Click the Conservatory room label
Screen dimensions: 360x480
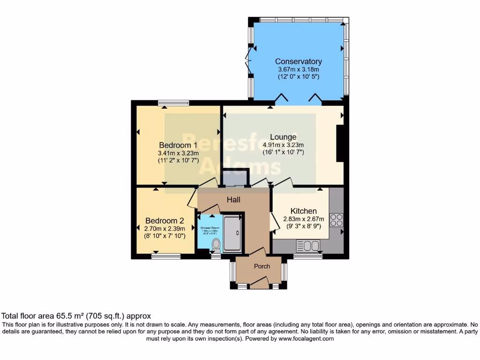click(x=298, y=61)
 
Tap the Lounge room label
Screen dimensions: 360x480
click(x=283, y=137)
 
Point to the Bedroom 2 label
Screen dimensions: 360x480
click(x=165, y=221)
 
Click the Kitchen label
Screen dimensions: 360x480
click(x=303, y=211)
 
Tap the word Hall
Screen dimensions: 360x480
click(x=233, y=200)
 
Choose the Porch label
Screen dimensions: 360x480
click(x=262, y=266)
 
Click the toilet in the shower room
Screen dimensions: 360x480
click(x=216, y=245)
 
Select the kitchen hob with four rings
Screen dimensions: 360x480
click(x=337, y=220)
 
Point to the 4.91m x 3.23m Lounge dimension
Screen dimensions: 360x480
click(x=283, y=145)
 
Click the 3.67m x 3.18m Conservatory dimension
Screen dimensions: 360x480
click(x=298, y=69)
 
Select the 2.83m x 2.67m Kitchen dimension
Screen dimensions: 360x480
click(x=303, y=219)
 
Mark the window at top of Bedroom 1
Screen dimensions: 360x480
click(x=173, y=103)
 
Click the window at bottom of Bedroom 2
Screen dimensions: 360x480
click(x=166, y=256)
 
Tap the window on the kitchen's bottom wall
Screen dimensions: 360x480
click(x=307, y=256)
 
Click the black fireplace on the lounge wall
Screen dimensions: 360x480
click(x=340, y=143)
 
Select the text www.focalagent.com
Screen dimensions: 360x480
click(x=307, y=338)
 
